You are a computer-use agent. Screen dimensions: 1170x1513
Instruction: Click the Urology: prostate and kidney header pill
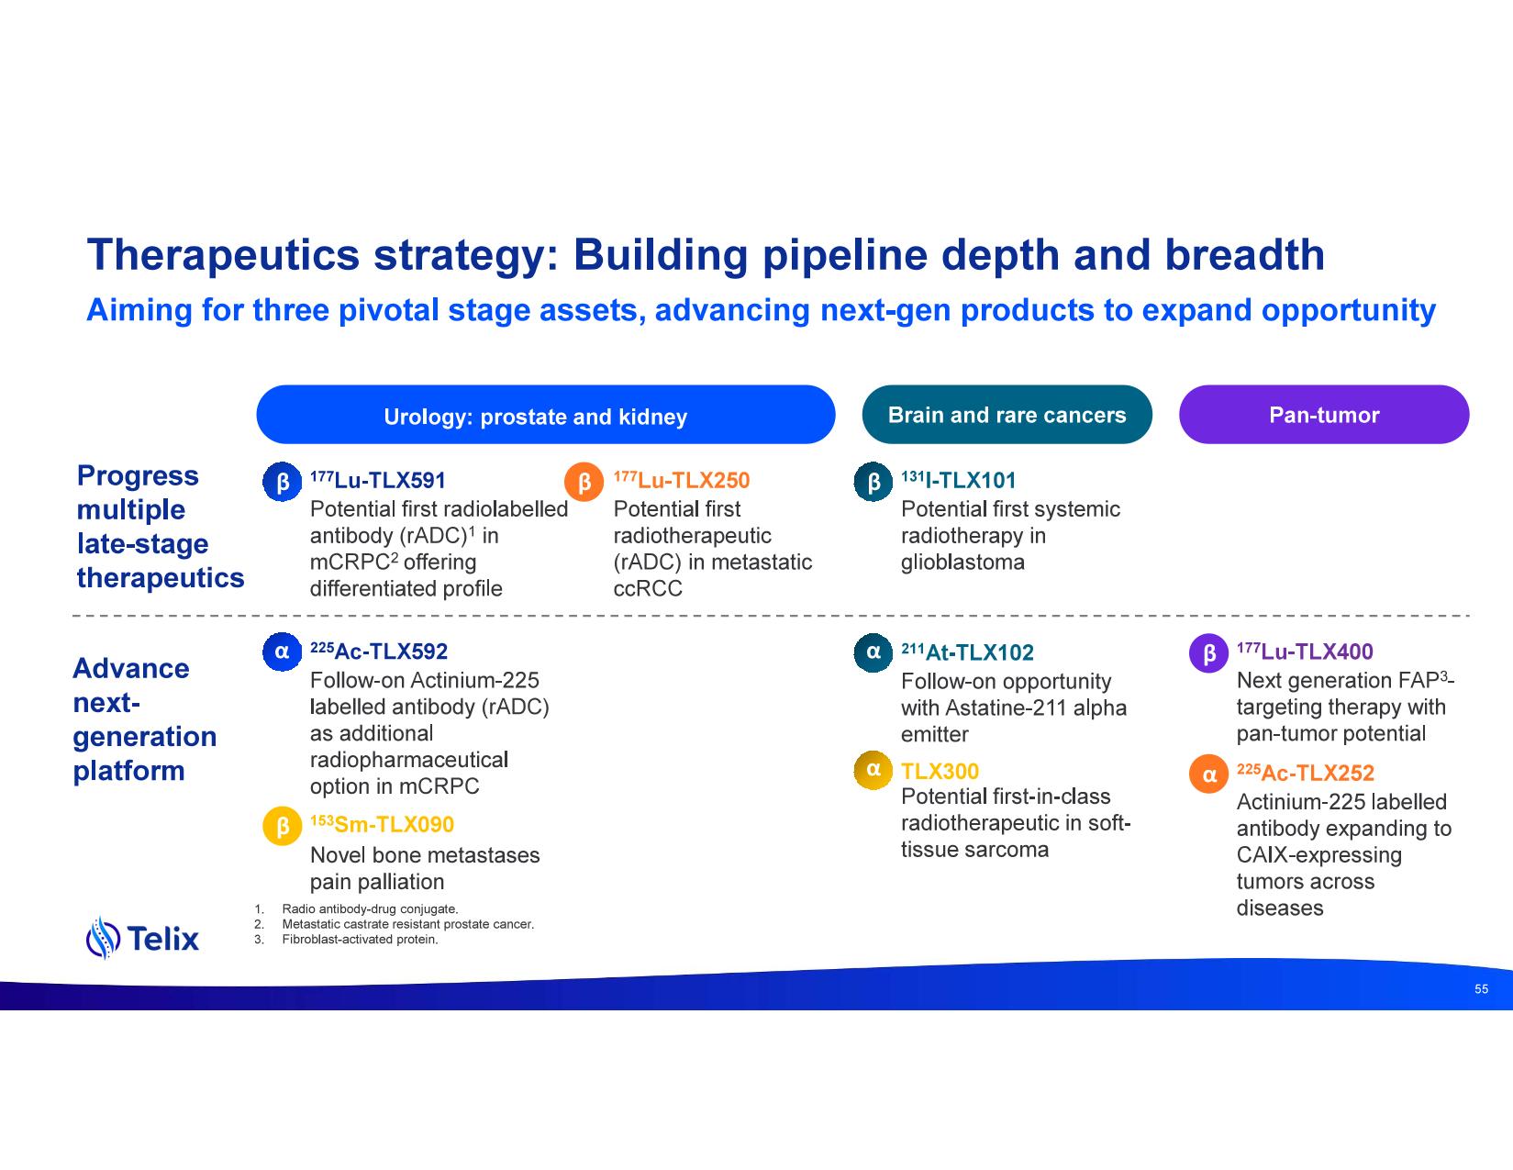coord(545,415)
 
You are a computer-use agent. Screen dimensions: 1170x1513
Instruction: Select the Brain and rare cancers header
coord(1007,415)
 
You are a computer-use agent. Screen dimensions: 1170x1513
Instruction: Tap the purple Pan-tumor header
coord(1323,415)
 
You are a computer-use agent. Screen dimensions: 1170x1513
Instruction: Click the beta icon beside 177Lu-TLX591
coord(282,482)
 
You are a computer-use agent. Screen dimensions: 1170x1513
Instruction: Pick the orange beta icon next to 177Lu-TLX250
coord(584,482)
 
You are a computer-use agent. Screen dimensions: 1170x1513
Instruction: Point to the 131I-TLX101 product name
coord(958,481)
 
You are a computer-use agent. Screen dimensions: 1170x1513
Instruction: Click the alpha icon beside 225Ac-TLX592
coord(282,652)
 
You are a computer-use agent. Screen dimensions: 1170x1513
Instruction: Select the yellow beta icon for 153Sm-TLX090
coord(282,826)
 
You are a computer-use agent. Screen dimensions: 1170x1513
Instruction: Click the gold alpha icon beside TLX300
coord(873,769)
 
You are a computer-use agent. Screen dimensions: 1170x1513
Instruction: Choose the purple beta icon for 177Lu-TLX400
coord(1208,653)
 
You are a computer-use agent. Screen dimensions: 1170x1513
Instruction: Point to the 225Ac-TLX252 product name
coord(1305,773)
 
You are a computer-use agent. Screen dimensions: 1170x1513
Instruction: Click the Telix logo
coord(142,938)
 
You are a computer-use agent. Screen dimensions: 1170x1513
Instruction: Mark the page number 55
coord(1481,989)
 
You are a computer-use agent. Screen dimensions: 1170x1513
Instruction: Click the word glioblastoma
coord(962,562)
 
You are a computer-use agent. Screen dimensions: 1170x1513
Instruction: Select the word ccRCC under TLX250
coord(648,588)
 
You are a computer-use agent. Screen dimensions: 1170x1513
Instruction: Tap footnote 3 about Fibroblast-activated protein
coord(360,940)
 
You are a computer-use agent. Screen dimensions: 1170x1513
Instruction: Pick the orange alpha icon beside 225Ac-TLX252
coord(1208,774)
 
